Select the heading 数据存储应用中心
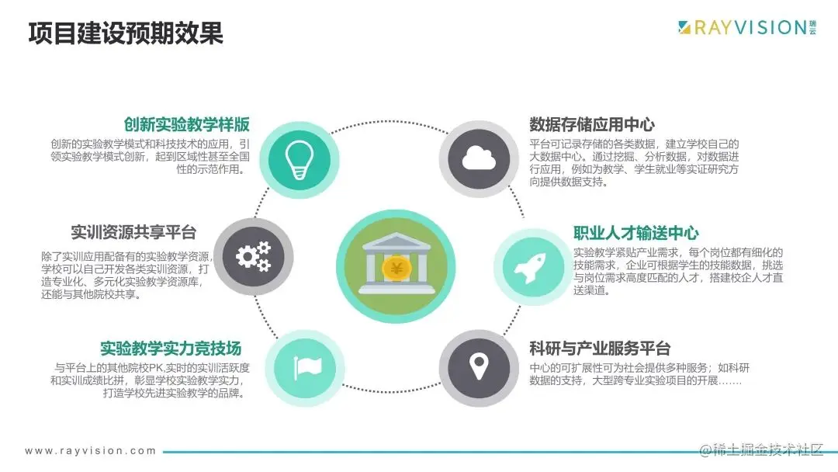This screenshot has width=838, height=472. click(x=591, y=125)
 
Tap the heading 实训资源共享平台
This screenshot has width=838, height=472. click(x=133, y=232)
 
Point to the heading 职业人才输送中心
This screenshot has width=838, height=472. click(x=635, y=233)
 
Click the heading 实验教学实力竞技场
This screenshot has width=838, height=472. click(x=171, y=349)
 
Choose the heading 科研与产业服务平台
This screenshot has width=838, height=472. click(x=599, y=349)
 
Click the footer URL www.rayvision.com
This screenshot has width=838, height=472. click(x=91, y=450)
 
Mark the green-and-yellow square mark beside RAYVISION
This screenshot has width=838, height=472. click(x=684, y=28)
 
